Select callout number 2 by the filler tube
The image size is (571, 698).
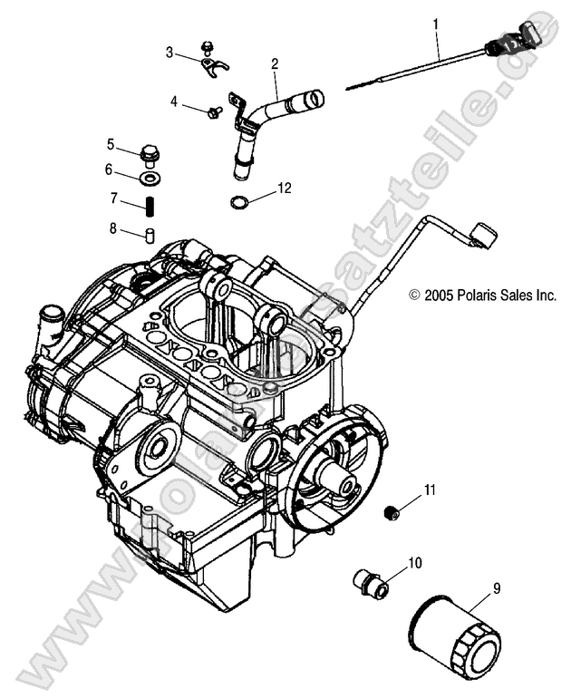[x=274, y=63]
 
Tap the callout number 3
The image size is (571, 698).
[x=169, y=53]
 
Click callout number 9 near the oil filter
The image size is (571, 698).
[x=496, y=588]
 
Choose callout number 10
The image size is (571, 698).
[x=414, y=563]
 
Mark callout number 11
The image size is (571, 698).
[x=430, y=490]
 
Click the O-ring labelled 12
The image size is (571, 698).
[x=237, y=201]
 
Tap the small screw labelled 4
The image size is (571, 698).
[x=216, y=111]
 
